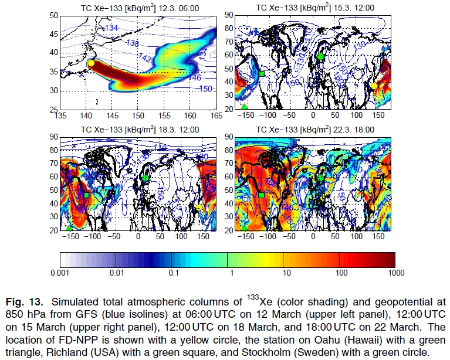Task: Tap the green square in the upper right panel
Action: click(x=262, y=73)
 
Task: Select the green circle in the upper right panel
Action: click(x=320, y=56)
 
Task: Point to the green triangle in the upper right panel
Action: click(x=245, y=106)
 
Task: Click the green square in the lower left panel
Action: click(x=86, y=195)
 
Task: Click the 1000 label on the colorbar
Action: click(x=394, y=273)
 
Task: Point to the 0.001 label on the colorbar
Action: click(x=60, y=273)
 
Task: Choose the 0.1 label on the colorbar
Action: click(x=171, y=273)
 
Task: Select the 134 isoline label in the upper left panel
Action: click(x=111, y=28)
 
